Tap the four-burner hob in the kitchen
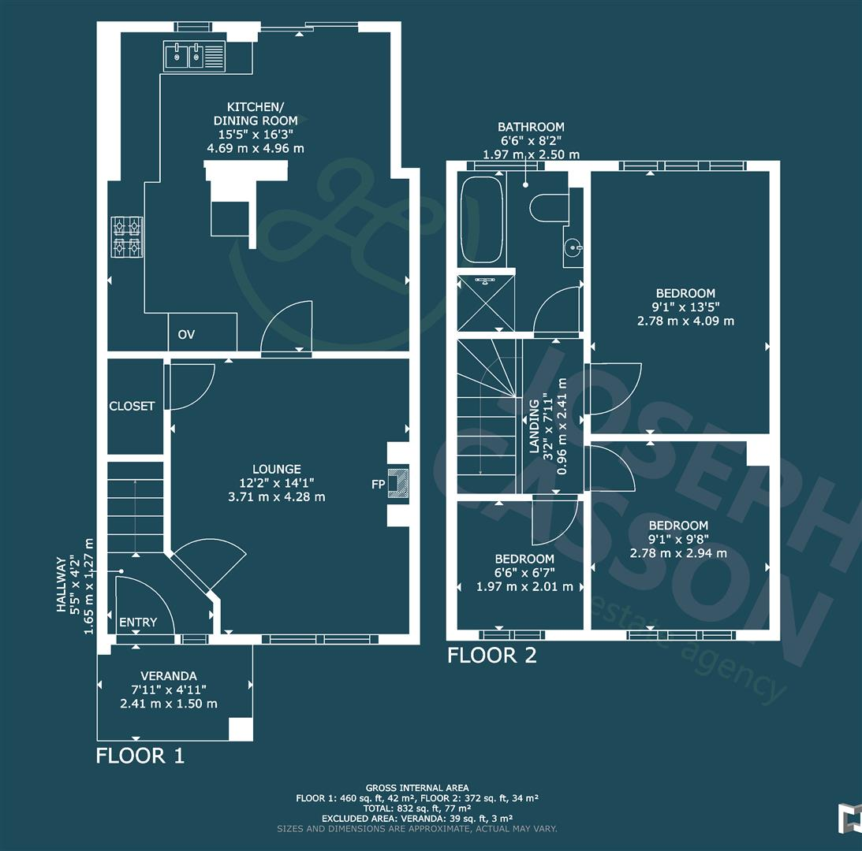tap(126, 236)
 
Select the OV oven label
tap(186, 335)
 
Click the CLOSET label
tap(132, 406)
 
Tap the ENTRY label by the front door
tap(138, 622)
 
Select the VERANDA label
tap(169, 676)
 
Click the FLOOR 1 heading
tap(140, 756)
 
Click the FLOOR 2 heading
tap(492, 655)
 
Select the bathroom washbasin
tap(573, 247)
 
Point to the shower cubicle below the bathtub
tap(487, 303)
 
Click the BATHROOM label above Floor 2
tap(531, 127)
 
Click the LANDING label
tap(534, 426)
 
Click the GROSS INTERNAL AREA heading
tap(417, 788)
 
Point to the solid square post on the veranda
tap(241, 729)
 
